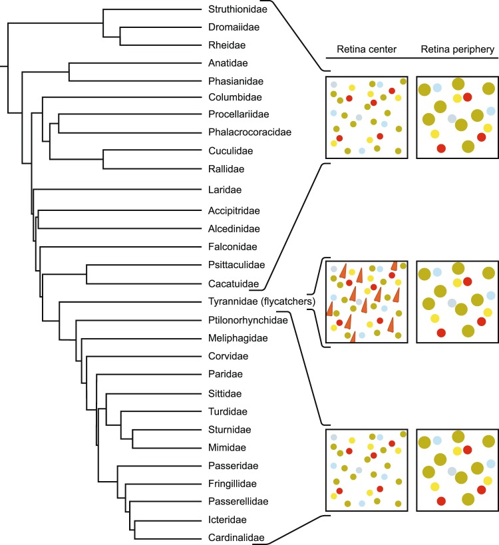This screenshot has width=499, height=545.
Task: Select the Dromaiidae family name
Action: pyautogui.click(x=230, y=28)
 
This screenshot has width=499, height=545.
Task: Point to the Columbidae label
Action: pyautogui.click(x=232, y=98)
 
